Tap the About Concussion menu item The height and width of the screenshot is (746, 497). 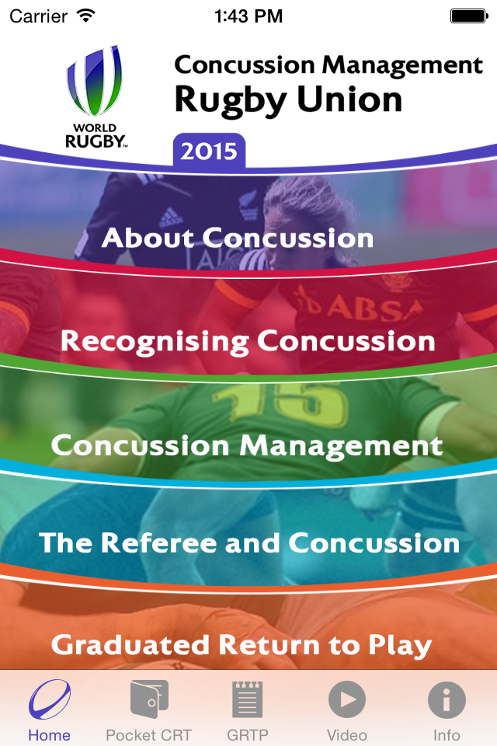click(x=238, y=238)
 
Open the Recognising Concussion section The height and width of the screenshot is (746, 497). click(x=248, y=341)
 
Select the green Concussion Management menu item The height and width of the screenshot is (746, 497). click(x=247, y=446)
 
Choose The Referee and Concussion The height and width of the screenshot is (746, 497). click(x=249, y=543)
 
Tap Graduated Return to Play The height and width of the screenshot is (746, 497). click(x=242, y=645)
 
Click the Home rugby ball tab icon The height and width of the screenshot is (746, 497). click(x=50, y=699)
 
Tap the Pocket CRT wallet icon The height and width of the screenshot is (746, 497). click(x=149, y=699)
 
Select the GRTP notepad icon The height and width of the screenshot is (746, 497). click(x=247, y=699)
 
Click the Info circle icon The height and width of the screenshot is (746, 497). click(x=447, y=699)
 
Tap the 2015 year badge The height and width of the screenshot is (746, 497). click(x=209, y=151)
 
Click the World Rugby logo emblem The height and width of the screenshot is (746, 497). click(x=94, y=81)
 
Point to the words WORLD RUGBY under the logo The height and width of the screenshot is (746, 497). click(x=96, y=136)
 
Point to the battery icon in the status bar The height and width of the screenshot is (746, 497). click(x=469, y=16)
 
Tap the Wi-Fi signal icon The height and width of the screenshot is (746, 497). click(x=86, y=16)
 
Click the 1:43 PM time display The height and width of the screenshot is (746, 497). click(x=248, y=16)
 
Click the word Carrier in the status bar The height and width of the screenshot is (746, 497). click(x=39, y=16)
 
